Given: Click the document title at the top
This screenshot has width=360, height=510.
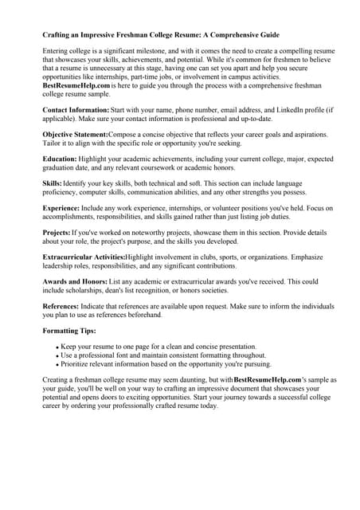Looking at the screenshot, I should [x=161, y=35].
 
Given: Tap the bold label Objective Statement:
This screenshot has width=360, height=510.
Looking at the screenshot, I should [x=75, y=135].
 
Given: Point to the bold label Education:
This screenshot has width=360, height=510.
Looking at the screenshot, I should [x=59, y=159].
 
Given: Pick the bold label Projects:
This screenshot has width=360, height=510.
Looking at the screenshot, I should [x=57, y=233].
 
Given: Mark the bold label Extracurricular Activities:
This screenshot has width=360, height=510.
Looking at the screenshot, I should [x=84, y=258].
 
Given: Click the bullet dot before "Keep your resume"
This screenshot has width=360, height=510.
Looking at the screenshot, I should [x=58, y=348].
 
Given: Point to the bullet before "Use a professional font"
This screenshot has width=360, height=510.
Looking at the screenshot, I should [x=58, y=356].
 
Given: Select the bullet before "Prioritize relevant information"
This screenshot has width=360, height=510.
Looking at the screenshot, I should [x=58, y=364].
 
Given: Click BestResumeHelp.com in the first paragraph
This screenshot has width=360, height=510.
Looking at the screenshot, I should [x=76, y=84].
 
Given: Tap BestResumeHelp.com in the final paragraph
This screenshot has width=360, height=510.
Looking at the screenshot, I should [x=268, y=380].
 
